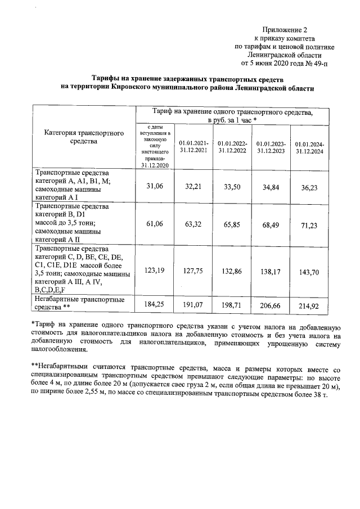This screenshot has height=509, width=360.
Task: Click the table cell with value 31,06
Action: pos(155,186)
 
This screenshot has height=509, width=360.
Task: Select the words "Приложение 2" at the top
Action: pos(286,29)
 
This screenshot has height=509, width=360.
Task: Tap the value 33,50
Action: pos(232,187)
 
